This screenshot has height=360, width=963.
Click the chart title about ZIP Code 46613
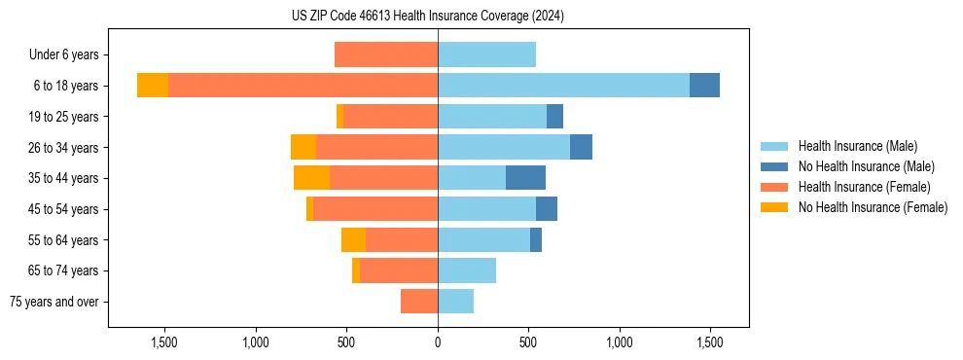coord(428,16)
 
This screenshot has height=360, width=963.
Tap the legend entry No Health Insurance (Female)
coord(873,207)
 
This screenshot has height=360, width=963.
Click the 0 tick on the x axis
coord(438,342)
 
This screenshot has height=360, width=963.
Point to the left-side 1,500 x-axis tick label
coord(164,342)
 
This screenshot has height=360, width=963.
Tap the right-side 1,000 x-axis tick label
coord(620,342)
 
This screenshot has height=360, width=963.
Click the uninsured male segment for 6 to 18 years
coord(704,86)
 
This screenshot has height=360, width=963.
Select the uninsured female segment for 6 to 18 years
coord(153,86)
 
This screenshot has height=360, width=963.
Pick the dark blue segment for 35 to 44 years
coord(525,178)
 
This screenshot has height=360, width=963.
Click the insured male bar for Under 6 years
coord(486,54)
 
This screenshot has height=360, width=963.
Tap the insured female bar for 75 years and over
coord(419,302)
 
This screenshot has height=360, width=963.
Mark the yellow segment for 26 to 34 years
coord(303,147)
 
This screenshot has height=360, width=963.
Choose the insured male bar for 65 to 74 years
coord(467,270)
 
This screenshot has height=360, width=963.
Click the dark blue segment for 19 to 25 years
coord(554,117)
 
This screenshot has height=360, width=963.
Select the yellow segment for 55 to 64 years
coord(353,239)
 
